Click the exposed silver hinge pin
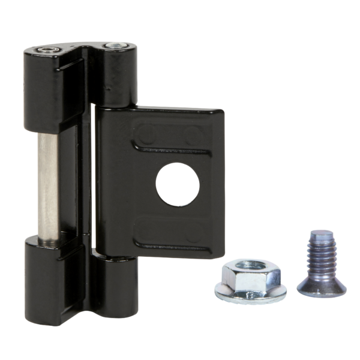(48, 186)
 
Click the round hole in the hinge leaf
(178, 184)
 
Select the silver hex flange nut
(251, 280)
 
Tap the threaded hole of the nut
(250, 265)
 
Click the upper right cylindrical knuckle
(116, 75)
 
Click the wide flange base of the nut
(251, 293)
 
